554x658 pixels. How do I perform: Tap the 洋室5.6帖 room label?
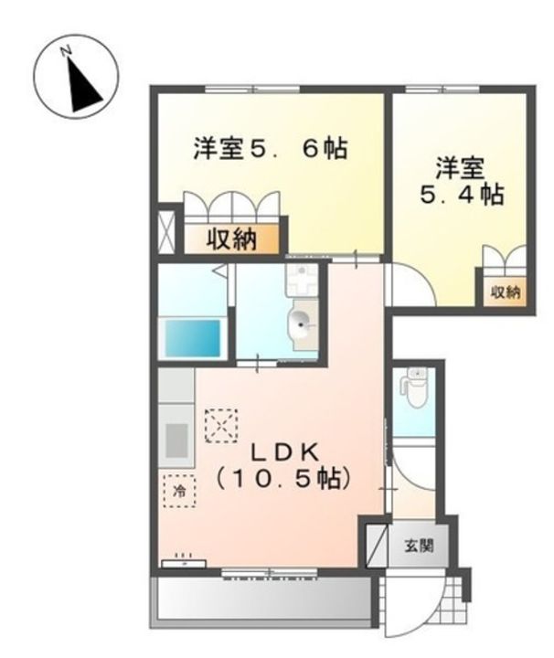tap(269, 149)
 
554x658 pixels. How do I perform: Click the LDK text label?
tap(284, 451)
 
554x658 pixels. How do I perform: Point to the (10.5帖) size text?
tap(283, 478)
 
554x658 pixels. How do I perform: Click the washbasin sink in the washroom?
tap(302, 319)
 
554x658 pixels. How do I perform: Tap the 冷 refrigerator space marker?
tap(179, 492)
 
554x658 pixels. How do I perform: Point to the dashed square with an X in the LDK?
tap(220, 424)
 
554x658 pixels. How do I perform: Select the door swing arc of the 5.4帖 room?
tap(409, 284)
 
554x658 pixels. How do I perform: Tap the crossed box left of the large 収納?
tap(165, 231)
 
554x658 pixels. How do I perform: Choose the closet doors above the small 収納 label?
tap(504, 260)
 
